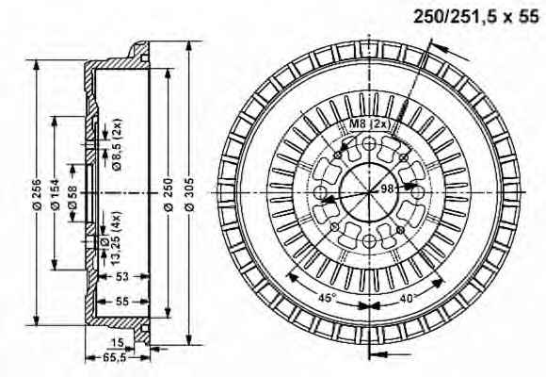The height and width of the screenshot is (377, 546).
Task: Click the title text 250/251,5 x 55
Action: (x=476, y=16)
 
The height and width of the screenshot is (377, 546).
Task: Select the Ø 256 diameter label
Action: (x=38, y=194)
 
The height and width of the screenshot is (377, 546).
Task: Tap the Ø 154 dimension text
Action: (x=55, y=194)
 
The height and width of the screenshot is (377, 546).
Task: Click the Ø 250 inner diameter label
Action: (x=169, y=194)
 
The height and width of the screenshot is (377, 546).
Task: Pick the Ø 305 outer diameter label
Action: (x=189, y=194)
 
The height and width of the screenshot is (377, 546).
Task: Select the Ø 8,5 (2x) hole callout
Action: (x=118, y=145)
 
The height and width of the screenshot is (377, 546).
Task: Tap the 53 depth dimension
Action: (x=122, y=276)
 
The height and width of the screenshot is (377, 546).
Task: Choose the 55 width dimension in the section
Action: (x=122, y=301)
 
